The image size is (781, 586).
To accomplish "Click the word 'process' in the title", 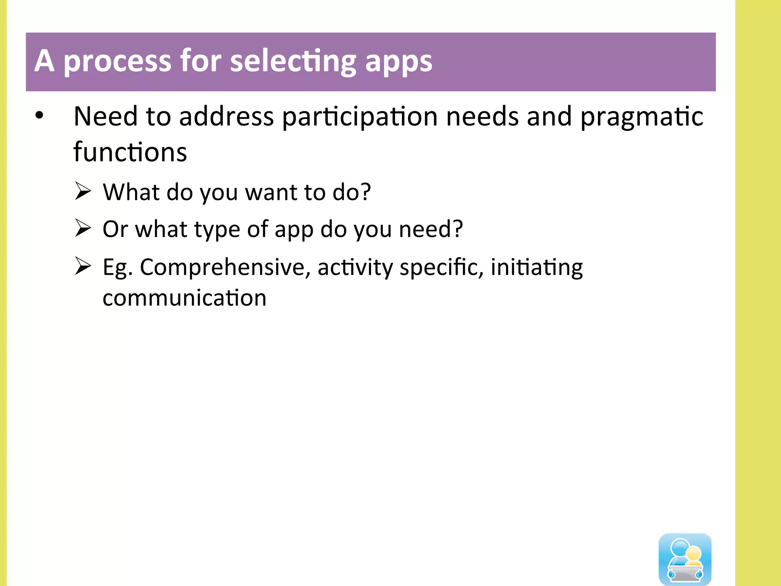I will point(117,62).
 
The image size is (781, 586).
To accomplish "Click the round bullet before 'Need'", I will point(39,115).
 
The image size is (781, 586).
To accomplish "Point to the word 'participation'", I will point(360,116).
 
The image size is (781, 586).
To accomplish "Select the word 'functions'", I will point(130,152).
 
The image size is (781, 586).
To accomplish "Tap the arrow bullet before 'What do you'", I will point(83,191).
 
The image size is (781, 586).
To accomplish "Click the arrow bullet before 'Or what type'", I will point(83,228).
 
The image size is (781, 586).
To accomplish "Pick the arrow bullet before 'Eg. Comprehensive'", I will point(83,266).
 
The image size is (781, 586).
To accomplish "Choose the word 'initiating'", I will point(537,267).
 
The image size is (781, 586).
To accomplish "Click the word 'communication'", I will point(185,298).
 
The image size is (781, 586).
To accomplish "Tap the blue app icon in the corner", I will point(685,559).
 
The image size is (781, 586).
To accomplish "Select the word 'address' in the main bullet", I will point(226,116).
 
